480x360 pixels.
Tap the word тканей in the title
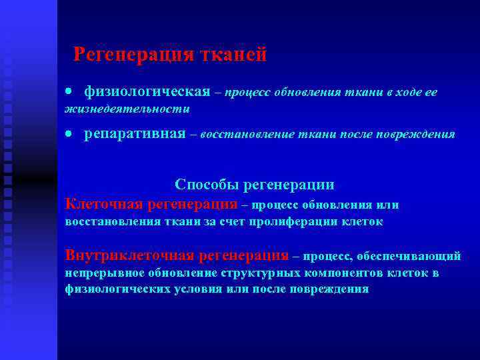234,54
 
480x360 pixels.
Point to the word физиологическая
147,91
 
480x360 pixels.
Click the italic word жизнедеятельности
127,109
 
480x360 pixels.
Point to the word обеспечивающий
409,256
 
